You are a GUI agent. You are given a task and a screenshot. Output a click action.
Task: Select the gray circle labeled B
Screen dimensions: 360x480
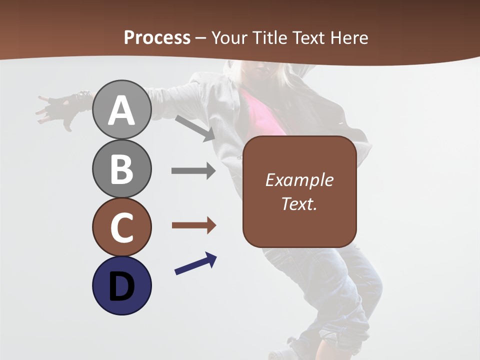click(121, 168)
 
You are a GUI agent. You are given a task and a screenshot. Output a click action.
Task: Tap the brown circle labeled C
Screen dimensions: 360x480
click(121, 227)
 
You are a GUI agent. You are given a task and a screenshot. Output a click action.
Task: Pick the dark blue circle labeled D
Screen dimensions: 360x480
click(121, 285)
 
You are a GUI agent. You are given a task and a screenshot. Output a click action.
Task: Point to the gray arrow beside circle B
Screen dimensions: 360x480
click(193, 171)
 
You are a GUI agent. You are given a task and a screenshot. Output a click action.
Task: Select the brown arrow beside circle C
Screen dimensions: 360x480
click(193, 225)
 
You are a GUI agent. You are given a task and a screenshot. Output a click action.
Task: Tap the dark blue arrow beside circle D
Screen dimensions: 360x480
click(195, 263)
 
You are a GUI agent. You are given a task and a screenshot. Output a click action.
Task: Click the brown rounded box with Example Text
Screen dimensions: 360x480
click(299, 191)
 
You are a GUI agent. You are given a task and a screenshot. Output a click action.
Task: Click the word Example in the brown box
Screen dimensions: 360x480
click(299, 180)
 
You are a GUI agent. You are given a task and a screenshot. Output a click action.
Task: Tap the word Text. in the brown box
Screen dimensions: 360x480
click(299, 203)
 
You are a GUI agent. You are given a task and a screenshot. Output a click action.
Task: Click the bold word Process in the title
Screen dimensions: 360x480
click(157, 37)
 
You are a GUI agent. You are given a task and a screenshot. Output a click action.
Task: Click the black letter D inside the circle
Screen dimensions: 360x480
click(121, 286)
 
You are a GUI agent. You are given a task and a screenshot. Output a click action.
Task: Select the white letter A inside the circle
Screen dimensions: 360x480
click(121, 111)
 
